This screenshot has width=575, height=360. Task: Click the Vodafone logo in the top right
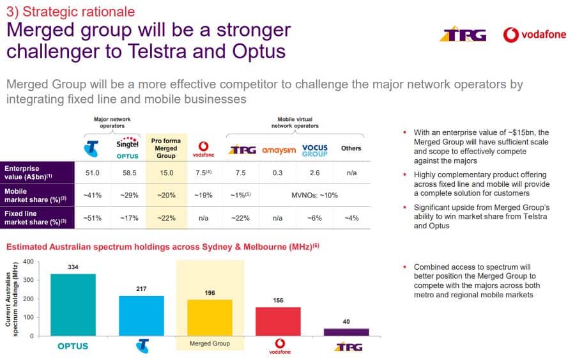click(x=534, y=35)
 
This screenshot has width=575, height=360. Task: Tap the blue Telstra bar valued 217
click(x=142, y=315)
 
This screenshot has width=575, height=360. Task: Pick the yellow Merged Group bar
click(x=209, y=317)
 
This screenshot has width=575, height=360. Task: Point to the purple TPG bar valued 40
click(x=346, y=332)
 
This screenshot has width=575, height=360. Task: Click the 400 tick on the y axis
click(x=28, y=262)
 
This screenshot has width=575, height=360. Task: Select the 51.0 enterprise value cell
click(x=93, y=173)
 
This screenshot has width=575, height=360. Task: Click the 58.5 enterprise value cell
click(x=129, y=173)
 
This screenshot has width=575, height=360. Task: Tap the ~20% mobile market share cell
click(x=166, y=194)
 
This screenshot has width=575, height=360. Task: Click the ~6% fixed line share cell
click(x=314, y=217)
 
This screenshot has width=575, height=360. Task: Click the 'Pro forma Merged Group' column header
click(x=166, y=147)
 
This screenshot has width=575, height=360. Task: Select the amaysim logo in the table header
click(x=277, y=150)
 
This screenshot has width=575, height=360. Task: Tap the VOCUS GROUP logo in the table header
click(x=314, y=150)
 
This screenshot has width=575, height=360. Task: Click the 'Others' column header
click(x=351, y=148)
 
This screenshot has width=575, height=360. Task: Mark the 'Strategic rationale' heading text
click(x=70, y=11)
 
